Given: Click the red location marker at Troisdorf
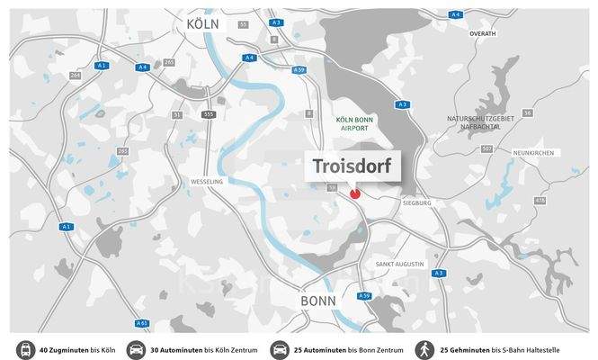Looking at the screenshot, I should coord(354,192).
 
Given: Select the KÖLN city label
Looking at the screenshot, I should coord(203,23).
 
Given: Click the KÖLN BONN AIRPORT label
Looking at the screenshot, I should coord(353,124).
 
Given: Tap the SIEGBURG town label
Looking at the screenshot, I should coord(417,203).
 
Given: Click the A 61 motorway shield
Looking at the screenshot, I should coord(142,322).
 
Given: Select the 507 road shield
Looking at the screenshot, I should coord(487,148).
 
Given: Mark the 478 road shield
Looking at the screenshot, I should coord(540,200).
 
